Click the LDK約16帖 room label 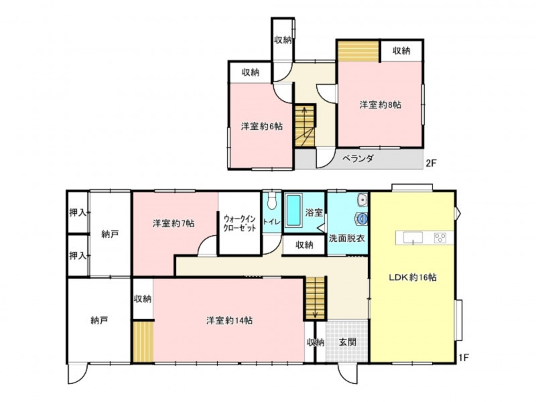point(413,277)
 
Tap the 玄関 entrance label point(348,342)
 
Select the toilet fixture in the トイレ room point(272,202)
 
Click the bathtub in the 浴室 point(293,210)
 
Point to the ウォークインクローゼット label point(240,223)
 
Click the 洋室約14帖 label point(229,321)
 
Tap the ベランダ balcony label point(358,159)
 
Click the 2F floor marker point(431,163)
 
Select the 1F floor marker point(463,358)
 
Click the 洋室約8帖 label point(381,105)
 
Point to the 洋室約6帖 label point(262,127)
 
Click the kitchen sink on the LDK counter point(413,238)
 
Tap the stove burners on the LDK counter point(440,238)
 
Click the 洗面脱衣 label point(346,239)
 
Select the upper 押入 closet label point(78,212)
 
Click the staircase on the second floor point(305,126)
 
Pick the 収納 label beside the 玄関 point(315,342)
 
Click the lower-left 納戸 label point(99,321)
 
